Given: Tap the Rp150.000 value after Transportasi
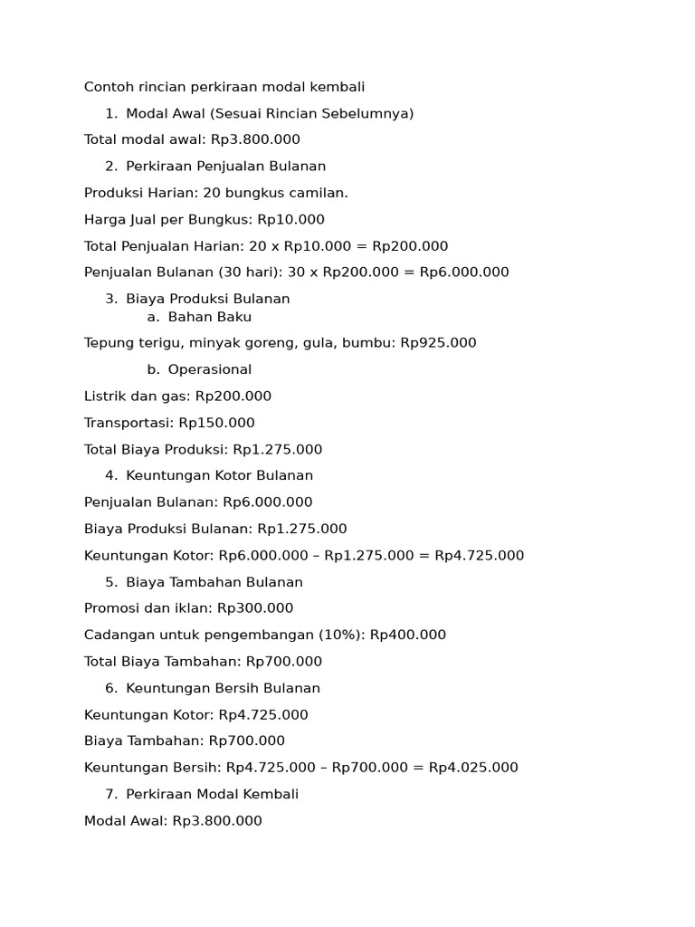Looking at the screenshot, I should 216,423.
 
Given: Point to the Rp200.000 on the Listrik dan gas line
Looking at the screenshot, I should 233,397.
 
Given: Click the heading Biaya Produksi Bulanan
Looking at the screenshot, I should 208,299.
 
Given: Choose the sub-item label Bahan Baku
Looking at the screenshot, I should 210,317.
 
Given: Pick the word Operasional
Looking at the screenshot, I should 210,369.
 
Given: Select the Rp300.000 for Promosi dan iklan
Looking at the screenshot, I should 255,608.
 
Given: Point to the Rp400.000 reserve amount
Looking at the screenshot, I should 408,635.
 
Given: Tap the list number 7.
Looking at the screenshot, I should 110,794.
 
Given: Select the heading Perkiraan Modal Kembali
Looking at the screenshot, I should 213,794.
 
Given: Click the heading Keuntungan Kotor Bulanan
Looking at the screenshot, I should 220,475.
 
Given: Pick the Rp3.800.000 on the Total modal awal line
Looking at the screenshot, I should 256,139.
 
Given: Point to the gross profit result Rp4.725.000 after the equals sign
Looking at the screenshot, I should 480,556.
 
